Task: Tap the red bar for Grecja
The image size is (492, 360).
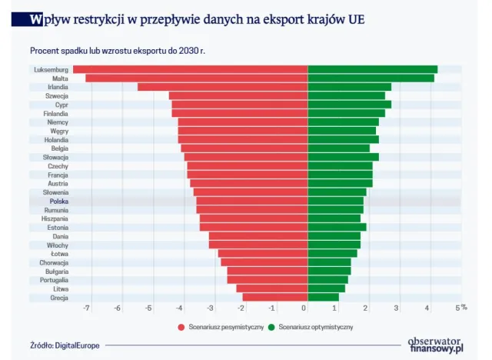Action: (275, 298)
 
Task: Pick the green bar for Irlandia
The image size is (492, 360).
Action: (349, 87)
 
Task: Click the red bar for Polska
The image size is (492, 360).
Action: (252, 201)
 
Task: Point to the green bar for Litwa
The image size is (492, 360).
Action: (326, 288)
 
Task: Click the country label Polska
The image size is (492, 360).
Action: (58, 201)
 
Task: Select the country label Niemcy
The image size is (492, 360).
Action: (58, 122)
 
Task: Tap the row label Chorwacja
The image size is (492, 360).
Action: (54, 262)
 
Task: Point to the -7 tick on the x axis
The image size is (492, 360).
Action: (86, 308)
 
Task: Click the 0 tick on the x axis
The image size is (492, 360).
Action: (305, 308)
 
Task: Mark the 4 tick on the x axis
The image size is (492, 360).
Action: (428, 308)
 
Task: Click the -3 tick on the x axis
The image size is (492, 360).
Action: (211, 308)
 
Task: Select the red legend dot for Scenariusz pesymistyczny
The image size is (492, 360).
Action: (181, 328)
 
